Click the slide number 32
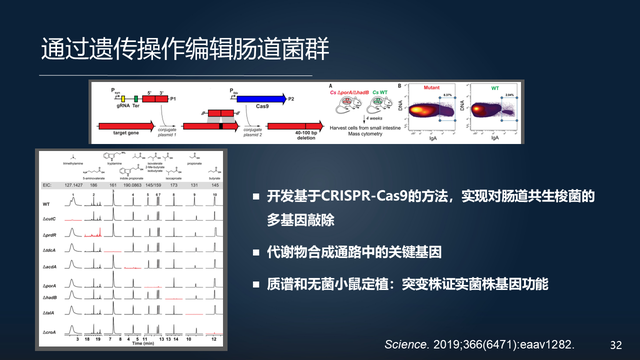point(615,342)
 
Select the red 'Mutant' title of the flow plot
point(431,88)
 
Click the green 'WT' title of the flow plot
point(496,88)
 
